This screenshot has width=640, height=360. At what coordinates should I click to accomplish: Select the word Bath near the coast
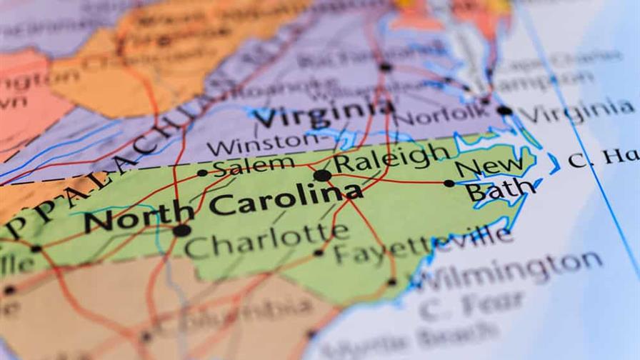[x=500, y=191]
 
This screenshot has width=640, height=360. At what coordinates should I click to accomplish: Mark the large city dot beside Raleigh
[x=322, y=175]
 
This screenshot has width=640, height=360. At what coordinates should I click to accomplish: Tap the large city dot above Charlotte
[x=181, y=230]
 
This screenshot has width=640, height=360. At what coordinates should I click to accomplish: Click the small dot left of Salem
[x=202, y=173]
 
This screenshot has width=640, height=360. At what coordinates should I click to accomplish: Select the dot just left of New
[x=449, y=184]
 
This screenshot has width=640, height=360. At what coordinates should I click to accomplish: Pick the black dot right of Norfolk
[x=504, y=111]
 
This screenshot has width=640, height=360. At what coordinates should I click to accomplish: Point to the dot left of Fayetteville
[x=319, y=253]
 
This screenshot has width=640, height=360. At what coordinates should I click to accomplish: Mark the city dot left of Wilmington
[x=391, y=282]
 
